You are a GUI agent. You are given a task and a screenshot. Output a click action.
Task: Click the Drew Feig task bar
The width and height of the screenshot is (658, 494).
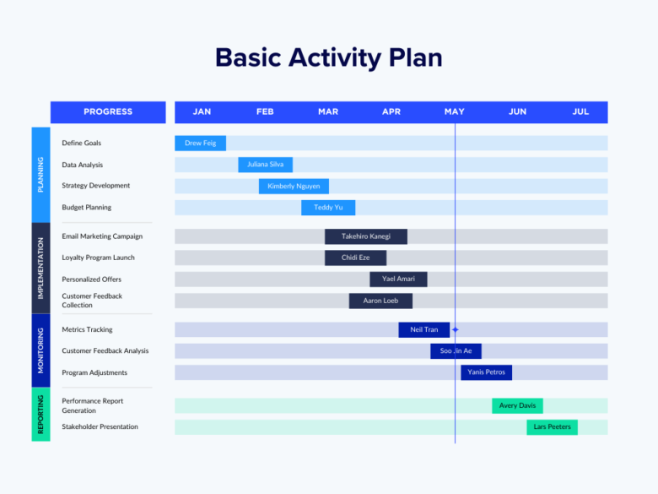(200, 144)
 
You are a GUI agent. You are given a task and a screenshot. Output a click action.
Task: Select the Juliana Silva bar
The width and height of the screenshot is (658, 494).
(266, 165)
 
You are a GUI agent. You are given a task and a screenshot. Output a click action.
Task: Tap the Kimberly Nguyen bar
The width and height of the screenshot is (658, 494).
(294, 186)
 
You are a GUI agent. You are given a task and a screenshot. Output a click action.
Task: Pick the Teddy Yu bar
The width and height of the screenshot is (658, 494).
(328, 208)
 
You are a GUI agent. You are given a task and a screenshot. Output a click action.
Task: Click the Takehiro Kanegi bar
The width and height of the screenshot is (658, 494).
(366, 236)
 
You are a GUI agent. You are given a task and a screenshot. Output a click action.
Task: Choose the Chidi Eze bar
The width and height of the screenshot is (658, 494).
(355, 258)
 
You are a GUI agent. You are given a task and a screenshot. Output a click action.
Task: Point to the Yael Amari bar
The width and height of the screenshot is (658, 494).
(398, 280)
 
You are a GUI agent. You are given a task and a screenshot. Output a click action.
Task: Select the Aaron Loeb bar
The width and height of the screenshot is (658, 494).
(380, 301)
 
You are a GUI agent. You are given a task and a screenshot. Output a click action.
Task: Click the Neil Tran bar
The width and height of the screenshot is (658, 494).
(423, 329)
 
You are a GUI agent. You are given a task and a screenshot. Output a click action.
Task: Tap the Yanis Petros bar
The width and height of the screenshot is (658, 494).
(486, 372)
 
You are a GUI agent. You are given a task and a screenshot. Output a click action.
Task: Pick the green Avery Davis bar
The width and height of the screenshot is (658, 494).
(517, 405)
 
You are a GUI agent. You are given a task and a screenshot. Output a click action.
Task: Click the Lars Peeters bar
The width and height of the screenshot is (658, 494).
(552, 427)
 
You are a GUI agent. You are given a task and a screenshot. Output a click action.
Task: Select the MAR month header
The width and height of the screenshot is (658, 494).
(328, 112)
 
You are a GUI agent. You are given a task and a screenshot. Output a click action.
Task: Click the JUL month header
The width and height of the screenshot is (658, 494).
(580, 112)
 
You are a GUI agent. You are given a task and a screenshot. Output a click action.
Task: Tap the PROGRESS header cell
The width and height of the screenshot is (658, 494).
(108, 112)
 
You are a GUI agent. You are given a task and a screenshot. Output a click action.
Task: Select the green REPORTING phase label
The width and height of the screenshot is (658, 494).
(40, 415)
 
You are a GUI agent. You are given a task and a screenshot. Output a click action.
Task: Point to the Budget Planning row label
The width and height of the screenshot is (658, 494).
(86, 208)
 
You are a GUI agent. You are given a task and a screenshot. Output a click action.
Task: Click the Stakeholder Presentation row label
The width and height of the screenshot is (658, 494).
(100, 427)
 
